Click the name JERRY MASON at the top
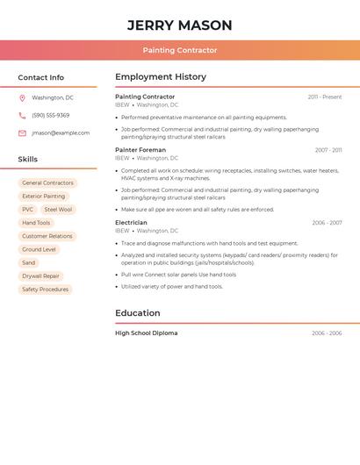(x=180, y=25)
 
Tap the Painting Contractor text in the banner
(x=180, y=50)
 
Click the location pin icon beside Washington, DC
(x=22, y=97)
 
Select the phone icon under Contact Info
(x=22, y=115)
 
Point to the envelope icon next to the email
(x=22, y=132)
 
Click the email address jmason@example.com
(x=61, y=132)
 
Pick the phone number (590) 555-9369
(x=51, y=115)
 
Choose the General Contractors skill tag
(x=47, y=183)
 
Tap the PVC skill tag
(x=28, y=210)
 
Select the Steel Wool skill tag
(x=58, y=210)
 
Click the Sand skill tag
(x=29, y=263)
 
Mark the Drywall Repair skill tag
(x=40, y=276)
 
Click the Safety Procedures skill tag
(x=45, y=290)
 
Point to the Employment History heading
(x=161, y=77)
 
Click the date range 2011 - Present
(x=325, y=97)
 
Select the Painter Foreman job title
(x=140, y=150)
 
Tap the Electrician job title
(x=131, y=223)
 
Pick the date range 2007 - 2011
(x=328, y=150)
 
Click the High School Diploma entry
(x=146, y=333)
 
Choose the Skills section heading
(x=28, y=160)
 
